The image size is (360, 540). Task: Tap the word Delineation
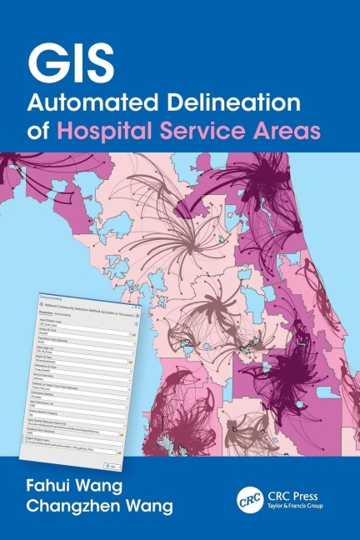pyautogui.click(x=228, y=104)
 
